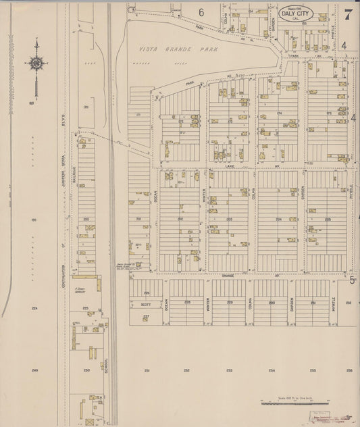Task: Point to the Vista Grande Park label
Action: coord(174,50)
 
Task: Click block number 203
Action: coord(230,219)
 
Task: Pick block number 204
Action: coord(278,219)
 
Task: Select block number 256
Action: coord(349,370)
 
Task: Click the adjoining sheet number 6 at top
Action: coord(201,12)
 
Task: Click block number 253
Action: coord(230,370)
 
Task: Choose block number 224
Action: coord(34,307)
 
